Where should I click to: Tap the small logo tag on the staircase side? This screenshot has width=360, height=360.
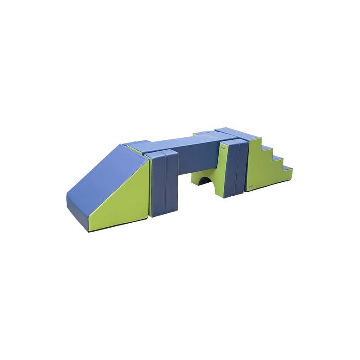click(x=251, y=185)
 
